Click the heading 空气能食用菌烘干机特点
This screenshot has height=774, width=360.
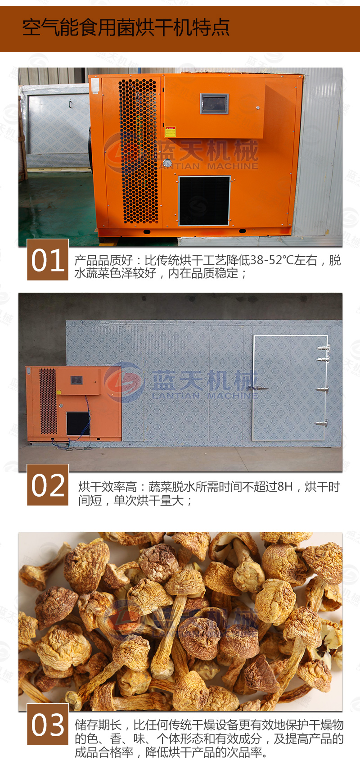126,27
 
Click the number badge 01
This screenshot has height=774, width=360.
48,260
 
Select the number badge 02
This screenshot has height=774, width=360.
48,485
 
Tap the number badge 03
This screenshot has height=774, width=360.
48,724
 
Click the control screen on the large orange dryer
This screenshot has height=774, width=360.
214,104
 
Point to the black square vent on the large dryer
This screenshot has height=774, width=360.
204,201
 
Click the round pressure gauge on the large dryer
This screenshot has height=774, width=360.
167,163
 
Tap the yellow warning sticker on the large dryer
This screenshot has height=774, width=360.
170,132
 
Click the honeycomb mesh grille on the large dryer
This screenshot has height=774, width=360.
139,151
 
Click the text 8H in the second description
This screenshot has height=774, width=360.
285,486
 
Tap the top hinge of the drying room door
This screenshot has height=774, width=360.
323,348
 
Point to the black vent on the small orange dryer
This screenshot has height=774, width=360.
78,423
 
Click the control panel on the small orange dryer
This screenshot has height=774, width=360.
76,380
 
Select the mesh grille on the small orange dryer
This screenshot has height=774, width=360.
48,401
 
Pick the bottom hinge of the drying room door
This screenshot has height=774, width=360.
321,423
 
